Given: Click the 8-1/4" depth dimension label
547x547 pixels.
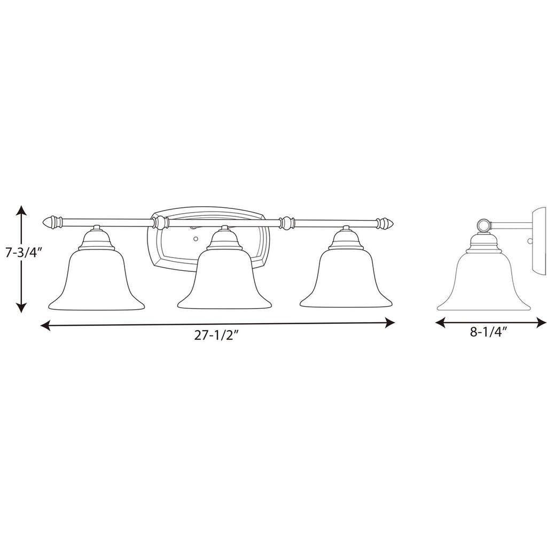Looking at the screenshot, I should pos(488,332).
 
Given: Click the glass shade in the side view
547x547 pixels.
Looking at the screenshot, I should pos(483,283).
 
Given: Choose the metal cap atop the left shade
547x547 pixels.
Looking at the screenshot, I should pos(97,240).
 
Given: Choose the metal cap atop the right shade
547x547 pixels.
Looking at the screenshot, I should pos(346,240).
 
